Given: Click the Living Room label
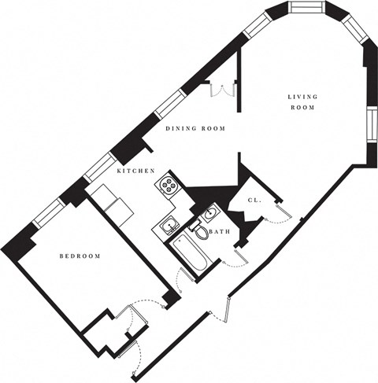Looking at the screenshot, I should tap(301, 101).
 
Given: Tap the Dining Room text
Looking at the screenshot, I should tap(195, 128).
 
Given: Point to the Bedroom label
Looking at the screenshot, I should tap(81, 256).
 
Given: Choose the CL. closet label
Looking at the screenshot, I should tap(254, 201).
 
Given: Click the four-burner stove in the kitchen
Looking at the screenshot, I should tap(169, 186).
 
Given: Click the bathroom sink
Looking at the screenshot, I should tap(212, 214).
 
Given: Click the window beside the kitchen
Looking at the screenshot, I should tap(99, 164).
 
